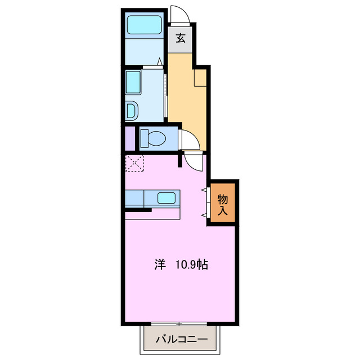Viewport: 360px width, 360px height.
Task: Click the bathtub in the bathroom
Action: tap(145, 26)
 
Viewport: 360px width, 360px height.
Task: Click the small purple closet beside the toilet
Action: tap(129, 138)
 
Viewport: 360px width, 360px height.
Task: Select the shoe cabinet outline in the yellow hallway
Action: tap(200, 78)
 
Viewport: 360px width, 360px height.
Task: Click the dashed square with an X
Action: tap(135, 164)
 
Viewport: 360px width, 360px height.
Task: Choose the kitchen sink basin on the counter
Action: tap(166, 197)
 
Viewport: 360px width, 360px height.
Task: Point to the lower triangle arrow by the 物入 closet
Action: tap(204, 215)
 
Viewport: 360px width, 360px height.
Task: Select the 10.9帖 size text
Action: tap(192, 264)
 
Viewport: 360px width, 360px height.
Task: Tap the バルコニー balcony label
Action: tap(181, 340)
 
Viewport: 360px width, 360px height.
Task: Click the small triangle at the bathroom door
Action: tap(160, 61)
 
